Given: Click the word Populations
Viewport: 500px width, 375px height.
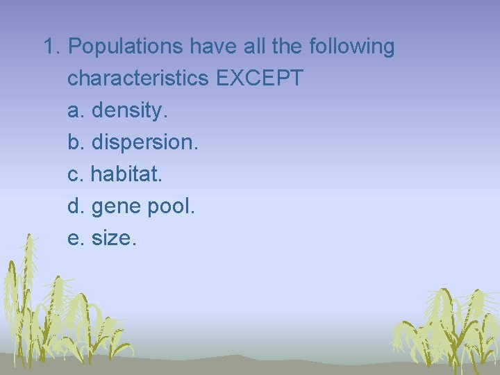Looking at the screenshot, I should point(127,47).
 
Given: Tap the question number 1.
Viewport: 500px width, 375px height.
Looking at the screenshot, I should point(49,47).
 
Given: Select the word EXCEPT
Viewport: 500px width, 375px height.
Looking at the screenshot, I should point(260,78).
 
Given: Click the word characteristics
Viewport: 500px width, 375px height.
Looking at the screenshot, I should point(138,78).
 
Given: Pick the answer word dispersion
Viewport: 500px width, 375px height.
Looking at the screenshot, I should point(144,142).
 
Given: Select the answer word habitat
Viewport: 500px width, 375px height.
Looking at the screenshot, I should point(126,174).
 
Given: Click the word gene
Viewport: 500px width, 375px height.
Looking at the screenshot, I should point(115,207).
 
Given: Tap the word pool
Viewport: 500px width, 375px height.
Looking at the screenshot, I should point(170,206).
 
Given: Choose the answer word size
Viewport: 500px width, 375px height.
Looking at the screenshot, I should point(114,238).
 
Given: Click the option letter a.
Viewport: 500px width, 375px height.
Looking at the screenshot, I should point(74,110).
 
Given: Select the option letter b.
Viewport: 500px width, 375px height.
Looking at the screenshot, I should point(74,142).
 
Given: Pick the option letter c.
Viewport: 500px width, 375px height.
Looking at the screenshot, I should point(74,174).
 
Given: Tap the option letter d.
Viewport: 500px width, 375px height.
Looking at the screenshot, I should point(74,206).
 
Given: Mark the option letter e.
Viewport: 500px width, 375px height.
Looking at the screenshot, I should point(74,238).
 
